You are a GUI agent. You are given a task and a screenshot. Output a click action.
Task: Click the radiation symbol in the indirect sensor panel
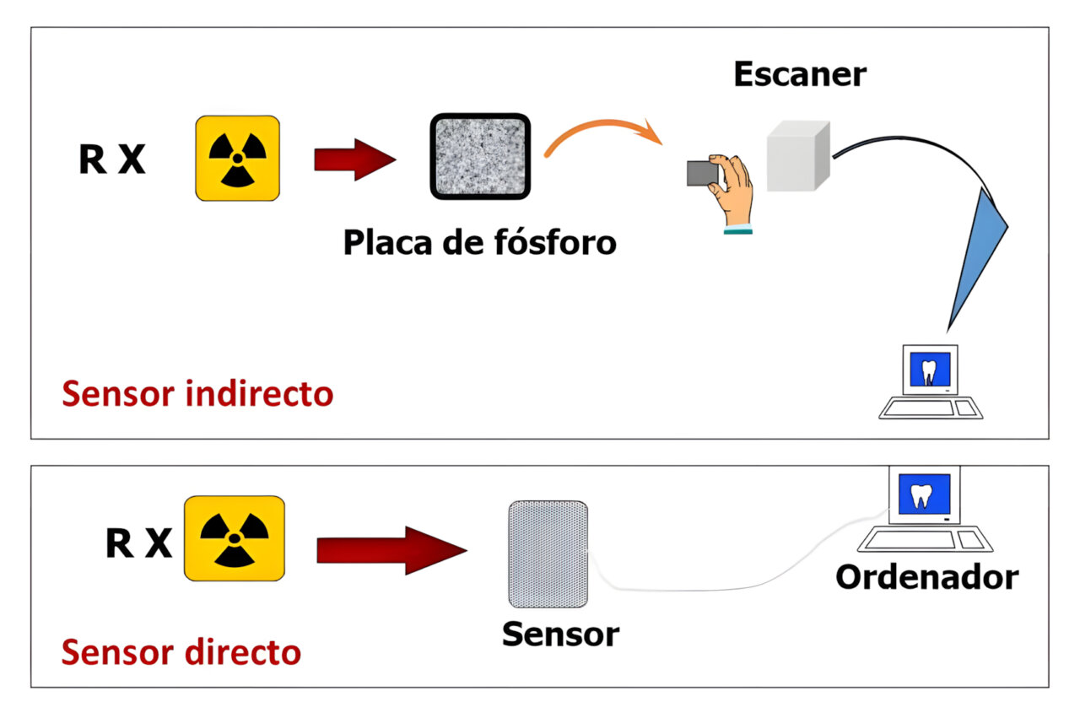coord(237,158)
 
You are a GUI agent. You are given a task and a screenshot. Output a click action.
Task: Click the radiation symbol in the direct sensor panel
coord(234,537)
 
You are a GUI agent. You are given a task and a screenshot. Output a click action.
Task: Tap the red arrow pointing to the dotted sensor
coord(391,550)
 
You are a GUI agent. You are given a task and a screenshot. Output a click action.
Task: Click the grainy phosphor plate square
coord(480,157)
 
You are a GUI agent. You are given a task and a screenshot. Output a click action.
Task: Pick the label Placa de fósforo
coord(479,243)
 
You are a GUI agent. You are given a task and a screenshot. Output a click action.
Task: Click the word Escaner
coord(799,74)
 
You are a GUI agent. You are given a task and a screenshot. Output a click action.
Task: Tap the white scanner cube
coord(797,155)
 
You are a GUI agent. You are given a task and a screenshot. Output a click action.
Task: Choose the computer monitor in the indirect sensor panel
coord(931,370)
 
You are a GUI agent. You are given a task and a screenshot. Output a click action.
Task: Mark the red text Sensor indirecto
coord(197,394)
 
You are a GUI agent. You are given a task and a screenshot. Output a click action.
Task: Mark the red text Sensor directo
coord(181,651)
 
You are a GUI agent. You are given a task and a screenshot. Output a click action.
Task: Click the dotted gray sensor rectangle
coord(548,553)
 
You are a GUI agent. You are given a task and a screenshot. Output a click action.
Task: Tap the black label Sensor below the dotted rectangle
coord(560,634)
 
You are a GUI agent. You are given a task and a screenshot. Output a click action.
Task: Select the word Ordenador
coord(926,578)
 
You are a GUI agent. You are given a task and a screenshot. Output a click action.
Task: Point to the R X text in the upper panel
coord(112,159)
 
